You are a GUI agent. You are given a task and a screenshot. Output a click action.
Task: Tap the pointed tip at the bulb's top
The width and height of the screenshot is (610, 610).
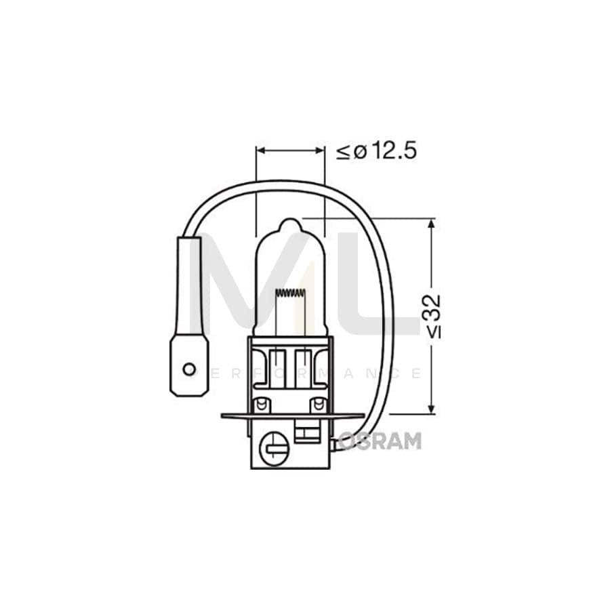pyautogui.click(x=290, y=222)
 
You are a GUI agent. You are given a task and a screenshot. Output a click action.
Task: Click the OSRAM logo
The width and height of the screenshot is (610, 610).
pyautogui.click(x=380, y=441)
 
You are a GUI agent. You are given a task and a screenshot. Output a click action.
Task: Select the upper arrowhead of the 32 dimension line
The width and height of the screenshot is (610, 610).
pyautogui.click(x=431, y=224)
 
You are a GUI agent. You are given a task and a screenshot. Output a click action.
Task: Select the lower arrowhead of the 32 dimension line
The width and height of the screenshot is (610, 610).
pyautogui.click(x=431, y=408)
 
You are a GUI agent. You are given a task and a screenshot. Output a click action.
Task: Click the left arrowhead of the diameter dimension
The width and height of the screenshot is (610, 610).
pyautogui.click(x=261, y=150)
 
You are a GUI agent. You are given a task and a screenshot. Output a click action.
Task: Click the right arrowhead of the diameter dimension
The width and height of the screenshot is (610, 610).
pyautogui.click(x=320, y=150)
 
